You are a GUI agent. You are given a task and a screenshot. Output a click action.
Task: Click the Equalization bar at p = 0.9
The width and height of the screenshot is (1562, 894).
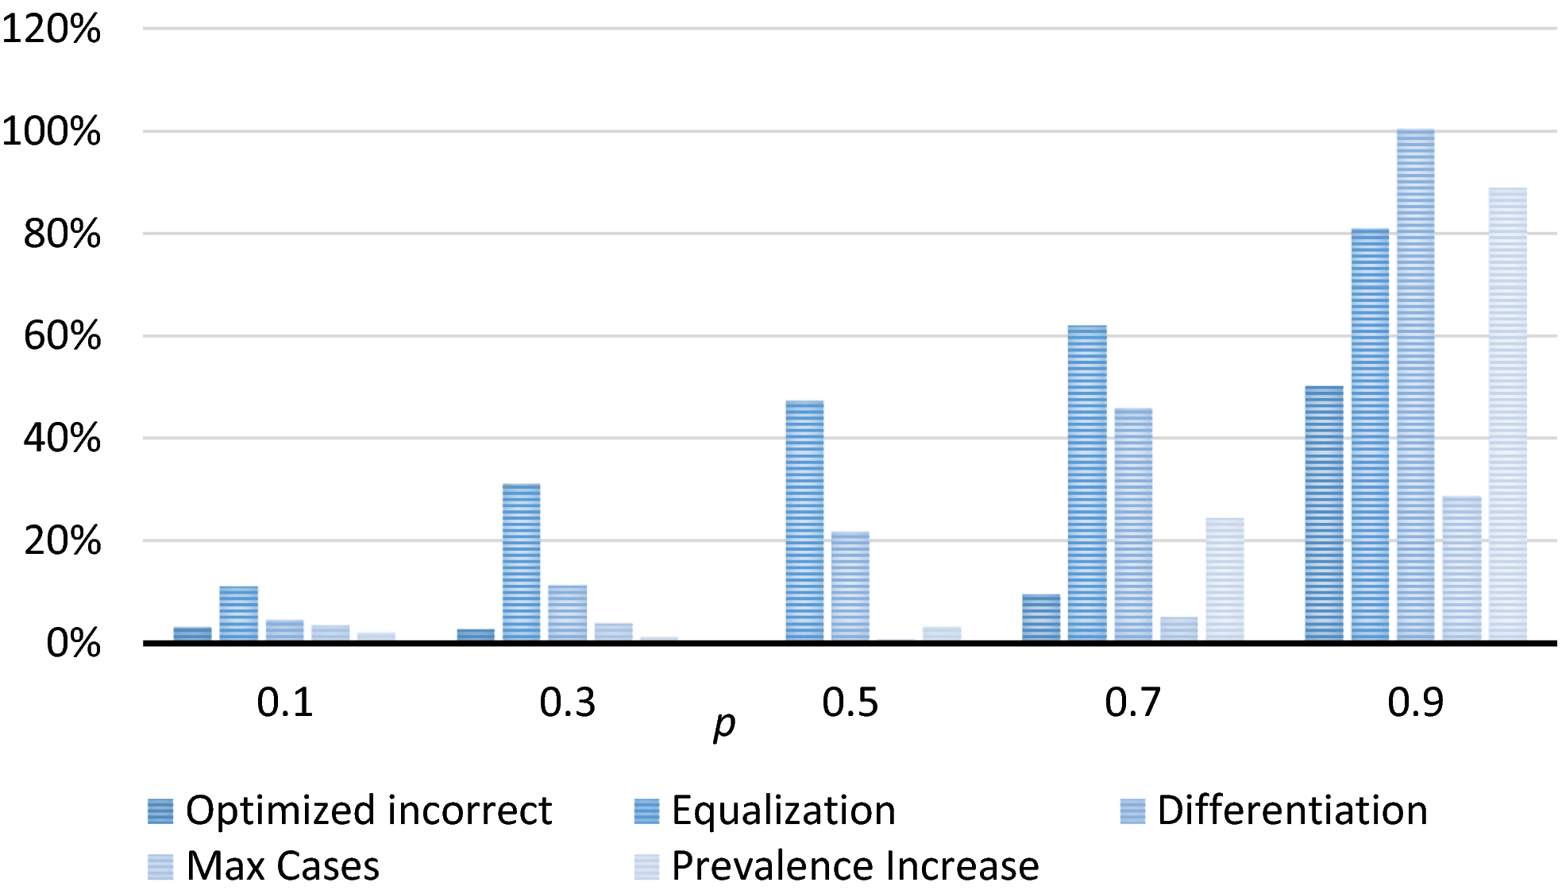pyautogui.click(x=1370, y=435)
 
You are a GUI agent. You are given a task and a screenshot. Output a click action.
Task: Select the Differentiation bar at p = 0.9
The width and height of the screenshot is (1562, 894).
pyautogui.click(x=1416, y=385)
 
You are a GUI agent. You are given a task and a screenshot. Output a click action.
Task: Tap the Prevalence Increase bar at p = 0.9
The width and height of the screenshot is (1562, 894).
pyautogui.click(x=1508, y=414)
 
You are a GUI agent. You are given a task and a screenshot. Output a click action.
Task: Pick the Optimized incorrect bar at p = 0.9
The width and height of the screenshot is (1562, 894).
pyautogui.click(x=1324, y=513)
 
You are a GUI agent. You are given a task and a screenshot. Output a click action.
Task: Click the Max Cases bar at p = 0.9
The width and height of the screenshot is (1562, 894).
pyautogui.click(x=1462, y=568)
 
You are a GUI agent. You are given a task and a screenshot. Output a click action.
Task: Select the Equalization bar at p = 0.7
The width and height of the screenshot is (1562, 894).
pyautogui.click(x=1087, y=483)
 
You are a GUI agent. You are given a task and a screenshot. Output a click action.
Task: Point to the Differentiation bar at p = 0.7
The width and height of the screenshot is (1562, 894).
pyautogui.click(x=1133, y=524)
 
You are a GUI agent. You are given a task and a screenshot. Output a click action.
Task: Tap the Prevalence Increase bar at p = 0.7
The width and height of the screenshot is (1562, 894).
pyautogui.click(x=1225, y=579)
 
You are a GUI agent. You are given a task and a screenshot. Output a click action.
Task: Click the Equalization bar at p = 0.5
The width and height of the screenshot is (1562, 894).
pyautogui.click(x=804, y=521)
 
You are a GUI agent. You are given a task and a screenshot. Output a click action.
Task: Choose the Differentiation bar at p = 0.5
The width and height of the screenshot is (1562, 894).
pyautogui.click(x=850, y=586)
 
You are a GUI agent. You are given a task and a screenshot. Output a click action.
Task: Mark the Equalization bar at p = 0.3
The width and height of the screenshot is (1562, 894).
pyautogui.click(x=522, y=562)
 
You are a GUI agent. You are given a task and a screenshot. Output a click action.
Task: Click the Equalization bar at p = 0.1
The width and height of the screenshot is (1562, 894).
pyautogui.click(x=239, y=613)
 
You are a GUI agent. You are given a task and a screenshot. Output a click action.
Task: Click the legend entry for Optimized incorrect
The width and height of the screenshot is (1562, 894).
pyautogui.click(x=350, y=811)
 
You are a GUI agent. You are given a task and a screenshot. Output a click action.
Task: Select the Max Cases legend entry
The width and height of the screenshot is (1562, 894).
pyautogui.click(x=264, y=866)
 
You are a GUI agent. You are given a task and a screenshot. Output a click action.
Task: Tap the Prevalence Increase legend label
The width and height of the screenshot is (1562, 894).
pyautogui.click(x=855, y=866)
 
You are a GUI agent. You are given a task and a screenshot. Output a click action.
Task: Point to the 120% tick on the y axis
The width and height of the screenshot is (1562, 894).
pyautogui.click(x=52, y=29)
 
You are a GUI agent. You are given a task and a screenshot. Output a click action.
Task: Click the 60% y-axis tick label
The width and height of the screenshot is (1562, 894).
pyautogui.click(x=62, y=336)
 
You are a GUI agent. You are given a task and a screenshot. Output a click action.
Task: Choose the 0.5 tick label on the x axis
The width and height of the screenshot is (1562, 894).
pyautogui.click(x=850, y=702)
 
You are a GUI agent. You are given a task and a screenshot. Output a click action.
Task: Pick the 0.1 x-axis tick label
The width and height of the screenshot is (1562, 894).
pyautogui.click(x=284, y=702)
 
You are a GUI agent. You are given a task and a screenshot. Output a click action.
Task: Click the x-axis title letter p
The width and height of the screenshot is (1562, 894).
pyautogui.click(x=724, y=725)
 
